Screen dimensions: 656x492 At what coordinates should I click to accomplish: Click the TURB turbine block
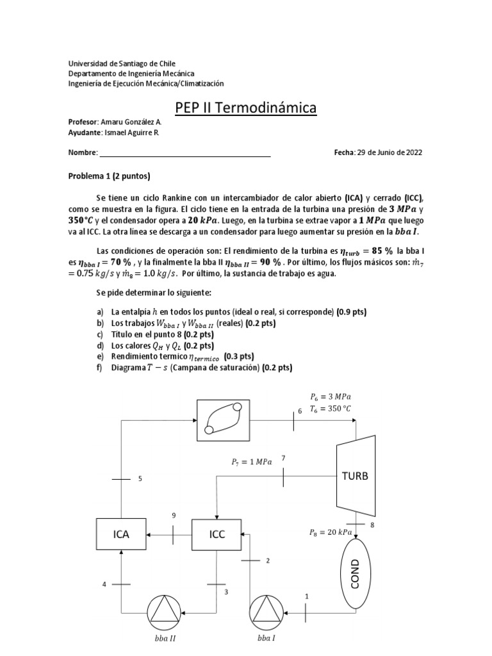click(x=356, y=477)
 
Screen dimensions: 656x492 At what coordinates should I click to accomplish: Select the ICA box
click(x=121, y=534)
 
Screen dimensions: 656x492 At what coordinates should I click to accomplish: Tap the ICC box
click(x=217, y=534)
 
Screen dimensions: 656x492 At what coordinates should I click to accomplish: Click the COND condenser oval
click(x=356, y=573)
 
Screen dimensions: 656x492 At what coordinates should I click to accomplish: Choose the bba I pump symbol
click(x=264, y=612)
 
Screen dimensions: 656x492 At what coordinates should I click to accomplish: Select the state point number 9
click(x=173, y=515)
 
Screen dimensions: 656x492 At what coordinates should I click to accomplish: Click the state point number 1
click(x=307, y=596)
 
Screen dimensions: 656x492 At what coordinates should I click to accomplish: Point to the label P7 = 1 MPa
click(x=251, y=461)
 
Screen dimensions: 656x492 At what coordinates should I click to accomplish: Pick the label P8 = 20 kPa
click(x=330, y=532)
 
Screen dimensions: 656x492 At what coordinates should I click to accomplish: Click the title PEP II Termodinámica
click(x=246, y=108)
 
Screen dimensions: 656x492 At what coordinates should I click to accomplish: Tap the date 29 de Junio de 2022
click(x=389, y=152)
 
